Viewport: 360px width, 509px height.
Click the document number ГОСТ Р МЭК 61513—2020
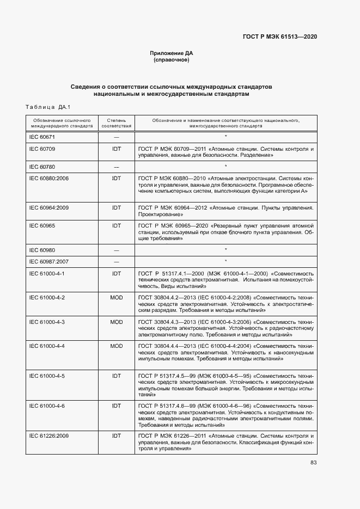pos(279,36)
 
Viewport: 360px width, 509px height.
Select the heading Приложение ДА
pos(172,53)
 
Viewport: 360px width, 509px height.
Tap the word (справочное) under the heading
pos(172,60)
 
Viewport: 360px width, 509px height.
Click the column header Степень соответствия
pos(117,122)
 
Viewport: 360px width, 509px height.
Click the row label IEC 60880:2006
pos(49,178)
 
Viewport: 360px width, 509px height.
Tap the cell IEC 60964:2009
pos(49,208)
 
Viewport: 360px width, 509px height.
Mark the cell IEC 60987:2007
pos(49,261)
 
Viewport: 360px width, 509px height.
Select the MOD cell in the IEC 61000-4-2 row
pos(117,298)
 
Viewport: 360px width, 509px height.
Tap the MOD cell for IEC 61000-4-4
pos(117,346)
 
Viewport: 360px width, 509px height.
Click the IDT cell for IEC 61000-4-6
pos(117,406)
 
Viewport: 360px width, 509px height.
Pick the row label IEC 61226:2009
pos(49,436)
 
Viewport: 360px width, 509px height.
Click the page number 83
pos(313,463)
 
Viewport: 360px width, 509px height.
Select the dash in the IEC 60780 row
pos(117,167)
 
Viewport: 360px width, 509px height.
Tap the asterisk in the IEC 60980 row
pos(225,250)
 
